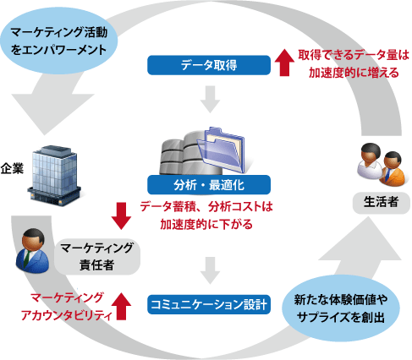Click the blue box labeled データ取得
point(209,65)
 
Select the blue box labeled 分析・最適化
point(209,185)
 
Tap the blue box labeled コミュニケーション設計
point(209,304)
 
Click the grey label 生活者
point(381,203)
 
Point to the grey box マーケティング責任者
point(97,256)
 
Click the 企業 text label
point(12,168)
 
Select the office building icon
point(53,176)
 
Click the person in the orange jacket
point(393,169)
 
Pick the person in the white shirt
point(370,161)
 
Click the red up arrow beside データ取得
point(284,63)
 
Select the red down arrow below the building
point(121,216)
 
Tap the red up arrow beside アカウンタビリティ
point(121,306)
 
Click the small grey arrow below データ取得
point(210,100)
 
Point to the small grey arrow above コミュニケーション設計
point(210,270)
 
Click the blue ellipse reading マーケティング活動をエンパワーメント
point(59,41)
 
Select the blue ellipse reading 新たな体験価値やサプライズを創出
point(341,308)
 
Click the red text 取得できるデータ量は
point(354,55)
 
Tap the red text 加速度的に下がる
point(206,224)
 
